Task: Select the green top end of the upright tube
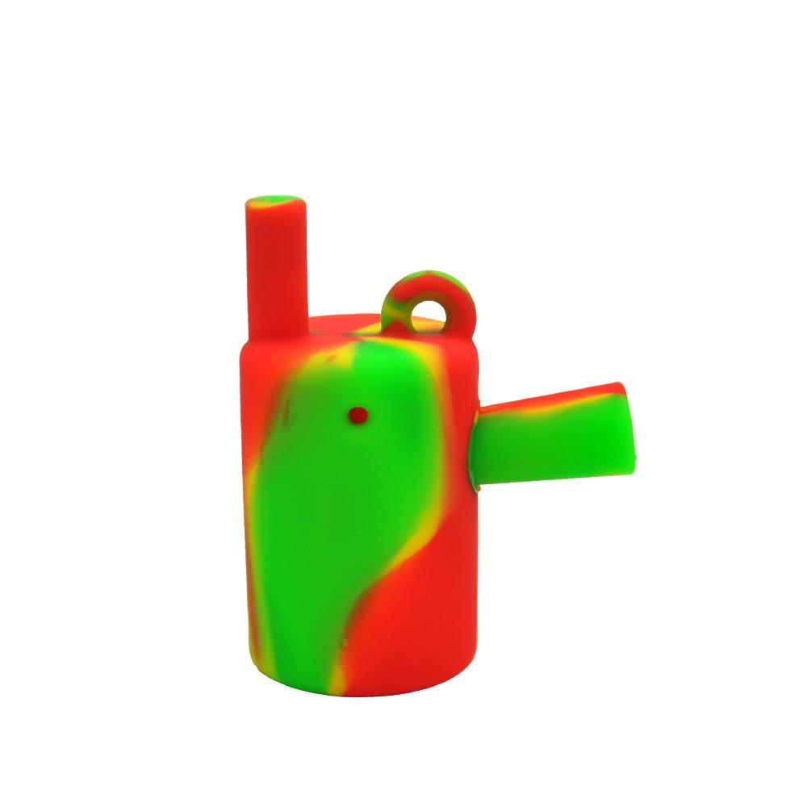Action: pyautogui.click(x=276, y=200)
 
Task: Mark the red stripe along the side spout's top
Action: pyautogui.click(x=557, y=398)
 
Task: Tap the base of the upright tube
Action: pyautogui.click(x=276, y=331)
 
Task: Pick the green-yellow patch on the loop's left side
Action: pyautogui.click(x=395, y=307)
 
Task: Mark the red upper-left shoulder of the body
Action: pyautogui.click(x=258, y=363)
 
